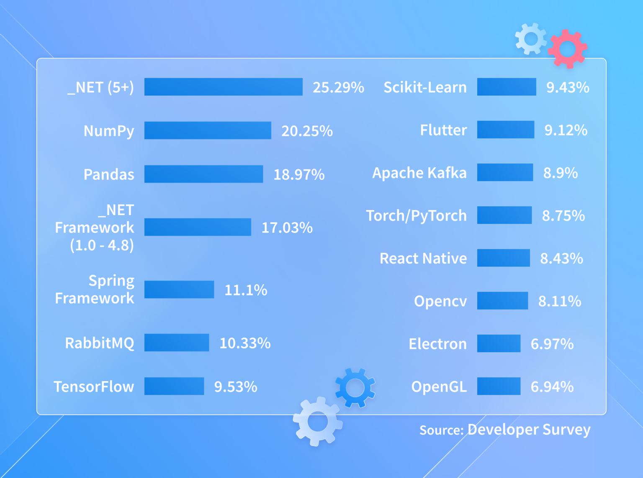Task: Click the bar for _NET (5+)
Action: pos(223,87)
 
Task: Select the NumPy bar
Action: pos(208,130)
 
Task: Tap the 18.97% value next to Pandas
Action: pos(299,174)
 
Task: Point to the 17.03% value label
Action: pos(287,228)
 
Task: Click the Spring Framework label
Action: pos(95,289)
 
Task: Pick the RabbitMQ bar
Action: pos(177,343)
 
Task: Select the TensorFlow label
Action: pos(94,387)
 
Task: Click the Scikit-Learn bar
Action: pos(507,87)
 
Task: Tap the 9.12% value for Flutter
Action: pos(566,130)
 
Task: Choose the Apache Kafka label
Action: pos(419,173)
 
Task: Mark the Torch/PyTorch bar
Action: pos(504,215)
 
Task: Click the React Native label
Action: pos(423,258)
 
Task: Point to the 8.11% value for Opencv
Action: pos(559,301)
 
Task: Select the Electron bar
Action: pos(499,343)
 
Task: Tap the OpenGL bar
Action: pos(499,386)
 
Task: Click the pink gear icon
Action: pos(568,49)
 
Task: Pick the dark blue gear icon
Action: pos(355,388)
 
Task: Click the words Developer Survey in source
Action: pos(529,429)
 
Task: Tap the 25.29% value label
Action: pos(338,87)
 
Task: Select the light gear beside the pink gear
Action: pos(531,39)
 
